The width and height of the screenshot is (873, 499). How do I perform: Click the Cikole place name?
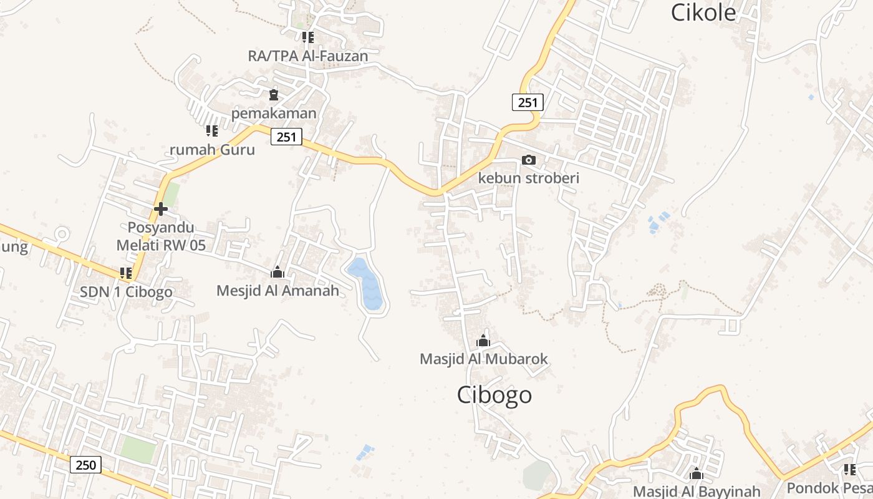pos(703,12)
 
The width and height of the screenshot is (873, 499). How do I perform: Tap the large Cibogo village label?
pos(494,395)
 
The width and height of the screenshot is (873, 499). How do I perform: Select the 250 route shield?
pos(85,464)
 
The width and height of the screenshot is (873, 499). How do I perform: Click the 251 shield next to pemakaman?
pos(286,137)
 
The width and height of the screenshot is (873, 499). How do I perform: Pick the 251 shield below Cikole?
pos(528,102)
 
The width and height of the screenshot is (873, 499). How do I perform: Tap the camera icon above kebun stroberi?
pos(528,160)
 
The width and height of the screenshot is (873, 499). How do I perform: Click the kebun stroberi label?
pos(529,178)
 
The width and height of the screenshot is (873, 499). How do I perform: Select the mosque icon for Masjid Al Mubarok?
pos(483,341)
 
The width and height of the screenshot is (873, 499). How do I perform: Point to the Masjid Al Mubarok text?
pos(484,359)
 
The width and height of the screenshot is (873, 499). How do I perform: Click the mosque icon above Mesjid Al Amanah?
pos(277,273)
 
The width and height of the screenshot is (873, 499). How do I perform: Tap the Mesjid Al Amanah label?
pos(277,291)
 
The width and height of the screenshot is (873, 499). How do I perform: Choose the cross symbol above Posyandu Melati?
pos(161,209)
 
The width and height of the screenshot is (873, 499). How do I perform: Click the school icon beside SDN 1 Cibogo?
pos(126,273)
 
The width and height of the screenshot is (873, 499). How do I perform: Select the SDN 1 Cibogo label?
pos(127,291)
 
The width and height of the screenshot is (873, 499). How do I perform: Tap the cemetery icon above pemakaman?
pos(274,95)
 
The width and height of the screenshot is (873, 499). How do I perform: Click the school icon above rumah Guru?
pos(212,131)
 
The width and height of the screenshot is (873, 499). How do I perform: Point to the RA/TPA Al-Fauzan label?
pos(308,56)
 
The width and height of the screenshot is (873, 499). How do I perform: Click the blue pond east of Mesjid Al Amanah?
pos(366,284)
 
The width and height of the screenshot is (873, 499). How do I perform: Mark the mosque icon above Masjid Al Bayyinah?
pos(697,474)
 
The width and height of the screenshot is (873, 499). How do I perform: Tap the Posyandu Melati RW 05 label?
pos(161,236)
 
